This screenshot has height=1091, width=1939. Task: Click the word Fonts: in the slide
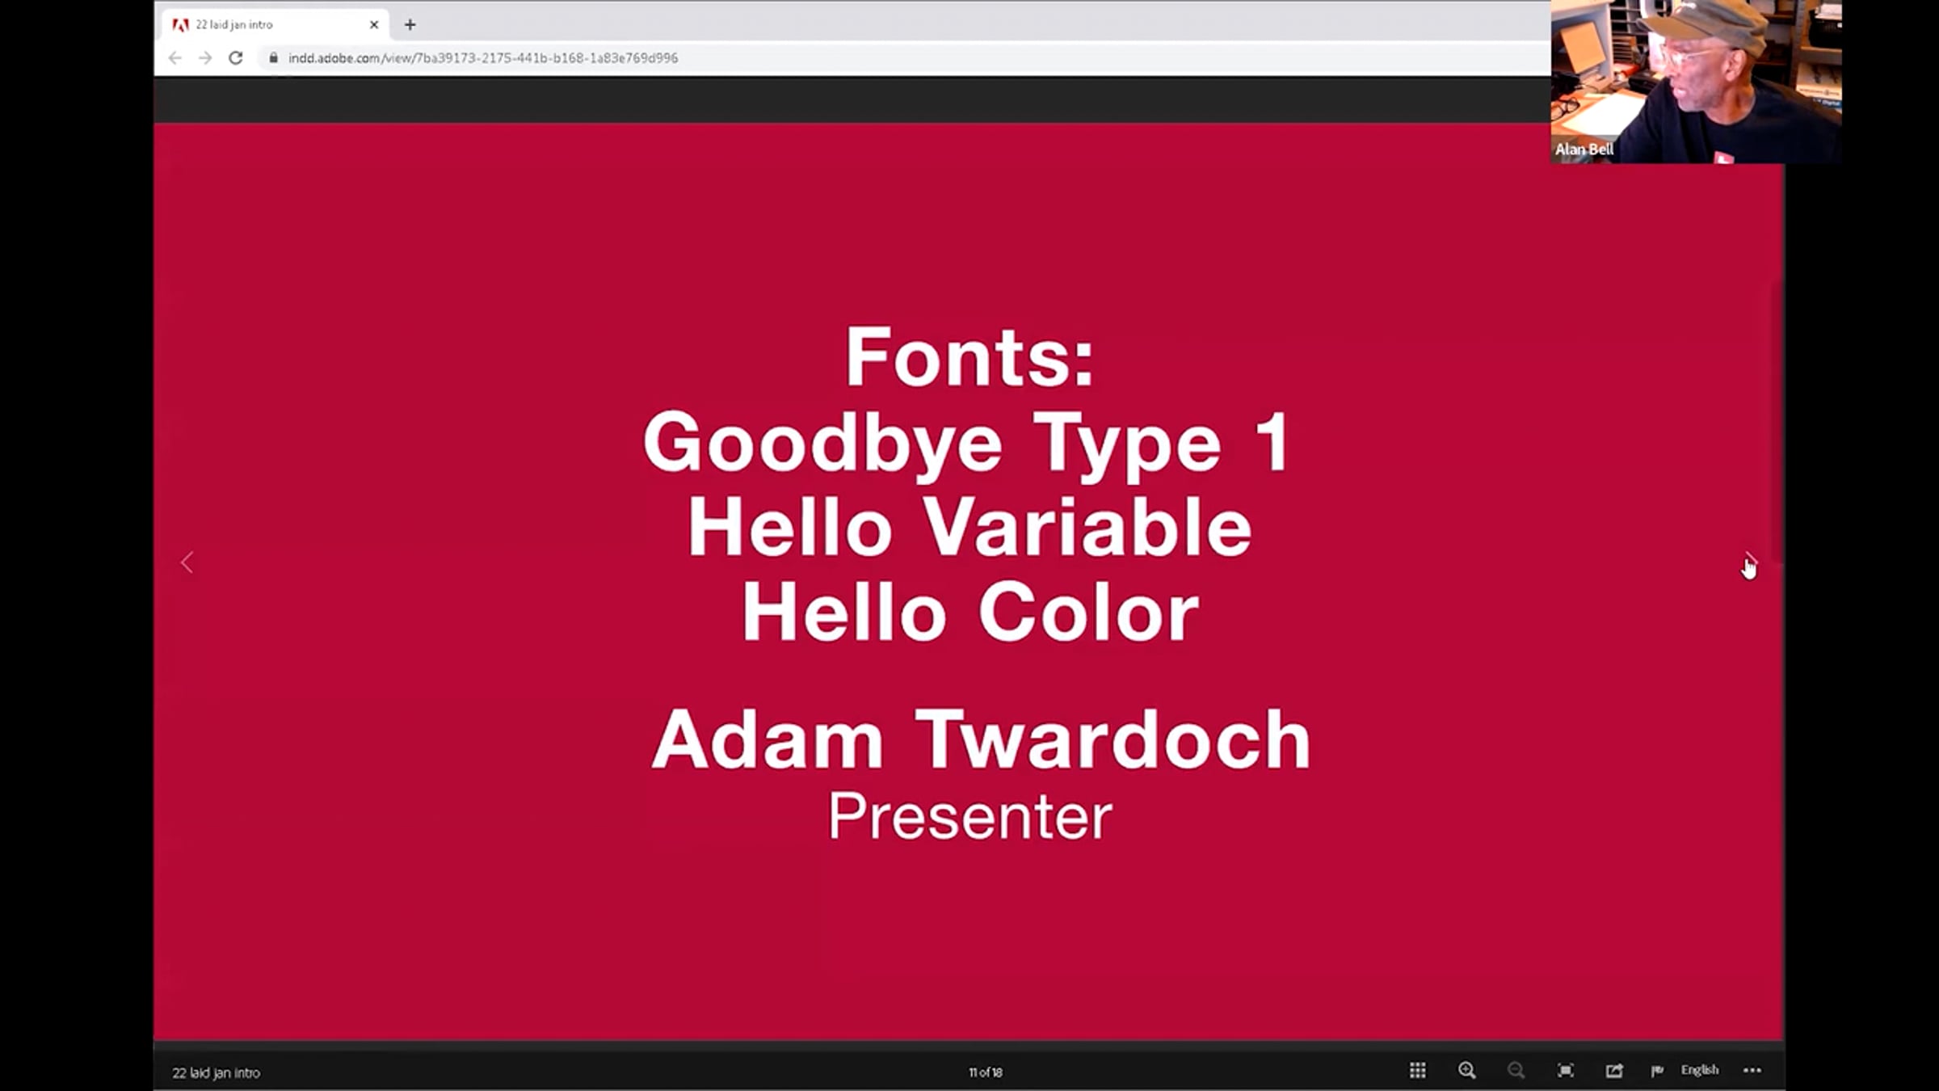coord(969,357)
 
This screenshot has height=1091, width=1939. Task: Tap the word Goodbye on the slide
coord(822,443)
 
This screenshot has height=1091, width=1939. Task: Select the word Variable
coord(1087,527)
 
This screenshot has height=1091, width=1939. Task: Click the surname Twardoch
coord(1113,739)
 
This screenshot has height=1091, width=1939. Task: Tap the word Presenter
coord(969,816)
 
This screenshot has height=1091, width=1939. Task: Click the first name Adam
coord(768,739)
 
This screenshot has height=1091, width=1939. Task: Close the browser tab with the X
coord(374,25)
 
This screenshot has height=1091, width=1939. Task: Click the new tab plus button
coord(410,25)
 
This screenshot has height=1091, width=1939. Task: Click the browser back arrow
coord(175,58)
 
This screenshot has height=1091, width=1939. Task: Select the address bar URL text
coord(483,58)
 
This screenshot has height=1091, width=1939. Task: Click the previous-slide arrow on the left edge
coord(187,562)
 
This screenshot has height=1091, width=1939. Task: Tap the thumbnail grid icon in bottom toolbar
coord(1417,1071)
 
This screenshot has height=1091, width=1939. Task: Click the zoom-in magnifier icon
coord(1466,1071)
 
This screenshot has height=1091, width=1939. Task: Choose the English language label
coord(1699,1070)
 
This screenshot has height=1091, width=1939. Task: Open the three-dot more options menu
coord(1752,1071)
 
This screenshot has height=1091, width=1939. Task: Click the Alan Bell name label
coord(1584,150)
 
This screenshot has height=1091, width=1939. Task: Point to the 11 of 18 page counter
coord(985,1072)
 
